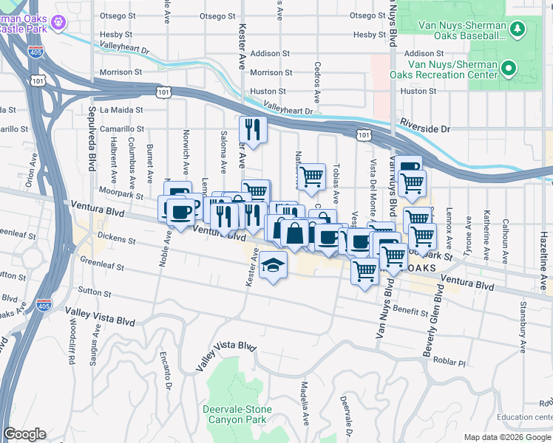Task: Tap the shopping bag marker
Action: [294, 233]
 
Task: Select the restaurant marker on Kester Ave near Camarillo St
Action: [254, 130]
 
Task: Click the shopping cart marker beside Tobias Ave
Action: [312, 176]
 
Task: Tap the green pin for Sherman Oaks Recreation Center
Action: [508, 70]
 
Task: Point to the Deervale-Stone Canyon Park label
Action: [237, 414]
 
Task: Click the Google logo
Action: [24, 434]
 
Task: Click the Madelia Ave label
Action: [305, 402]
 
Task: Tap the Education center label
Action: [525, 416]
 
